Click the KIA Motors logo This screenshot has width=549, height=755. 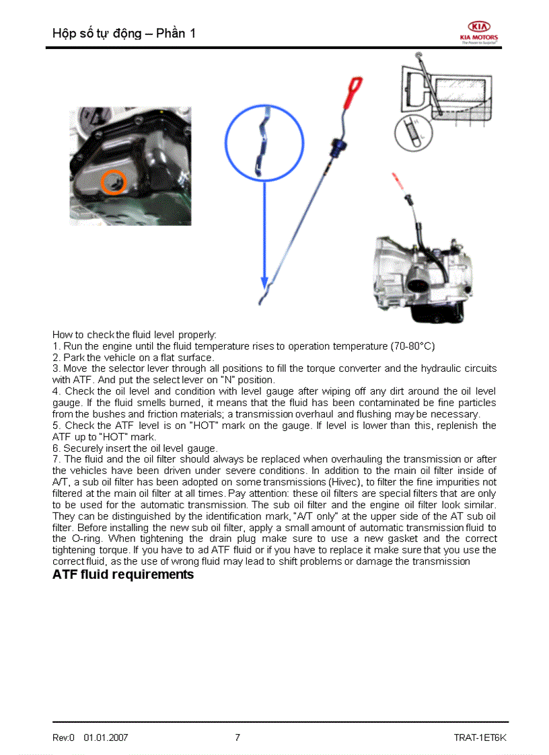pyautogui.click(x=479, y=31)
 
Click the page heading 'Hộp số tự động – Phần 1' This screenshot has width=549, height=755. pyautogui.click(x=124, y=33)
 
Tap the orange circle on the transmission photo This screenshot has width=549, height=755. pyautogui.click(x=114, y=182)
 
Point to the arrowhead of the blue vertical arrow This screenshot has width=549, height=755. pyautogui.click(x=264, y=282)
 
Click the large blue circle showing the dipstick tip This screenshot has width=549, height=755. pyautogui.click(x=264, y=143)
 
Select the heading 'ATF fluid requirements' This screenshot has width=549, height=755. pyautogui.click(x=123, y=575)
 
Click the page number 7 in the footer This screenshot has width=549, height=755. pyautogui.click(x=237, y=738)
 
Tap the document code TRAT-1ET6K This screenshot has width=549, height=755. pyautogui.click(x=480, y=738)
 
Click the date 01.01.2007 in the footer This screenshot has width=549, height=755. pyautogui.click(x=106, y=738)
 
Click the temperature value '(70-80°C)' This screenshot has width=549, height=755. pyautogui.click(x=412, y=346)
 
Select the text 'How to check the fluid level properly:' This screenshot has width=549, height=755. pyautogui.click(x=135, y=334)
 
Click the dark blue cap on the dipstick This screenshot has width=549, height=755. pyautogui.click(x=338, y=146)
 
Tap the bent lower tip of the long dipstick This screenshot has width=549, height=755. pyautogui.click(x=264, y=298)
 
